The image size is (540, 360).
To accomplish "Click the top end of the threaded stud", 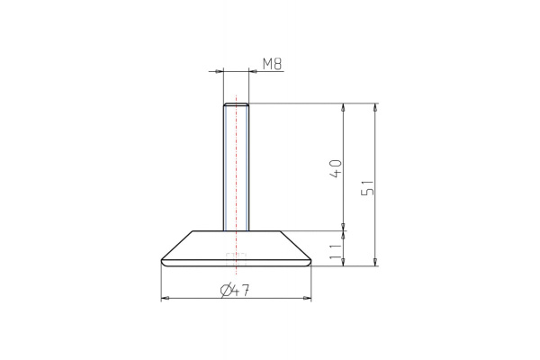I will point(236,104).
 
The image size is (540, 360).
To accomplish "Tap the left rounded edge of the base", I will point(162,261).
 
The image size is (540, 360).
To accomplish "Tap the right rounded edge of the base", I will point(310,261).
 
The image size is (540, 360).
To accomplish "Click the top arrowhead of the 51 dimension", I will point(374,107).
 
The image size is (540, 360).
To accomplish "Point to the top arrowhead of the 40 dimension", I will point(343,107).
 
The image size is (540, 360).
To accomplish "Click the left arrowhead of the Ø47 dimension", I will point(164,298).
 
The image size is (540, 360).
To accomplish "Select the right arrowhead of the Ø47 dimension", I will point(308,298).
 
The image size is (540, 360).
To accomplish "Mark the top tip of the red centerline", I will point(236,94).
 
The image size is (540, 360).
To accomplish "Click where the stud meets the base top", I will point(236,231).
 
